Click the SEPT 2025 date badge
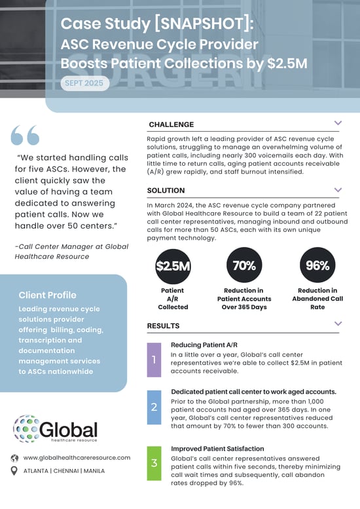(x=84, y=84)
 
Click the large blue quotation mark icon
(x=26, y=135)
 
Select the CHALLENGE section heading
(x=171, y=124)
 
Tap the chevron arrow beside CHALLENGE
(x=338, y=123)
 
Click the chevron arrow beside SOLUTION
(x=338, y=190)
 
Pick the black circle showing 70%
(x=244, y=266)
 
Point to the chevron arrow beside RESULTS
(x=338, y=324)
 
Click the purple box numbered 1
(x=154, y=360)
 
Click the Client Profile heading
(x=48, y=295)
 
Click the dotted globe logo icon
(x=26, y=428)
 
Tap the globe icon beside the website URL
(x=13, y=457)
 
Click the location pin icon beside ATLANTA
(x=13, y=470)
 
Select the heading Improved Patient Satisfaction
(x=213, y=449)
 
